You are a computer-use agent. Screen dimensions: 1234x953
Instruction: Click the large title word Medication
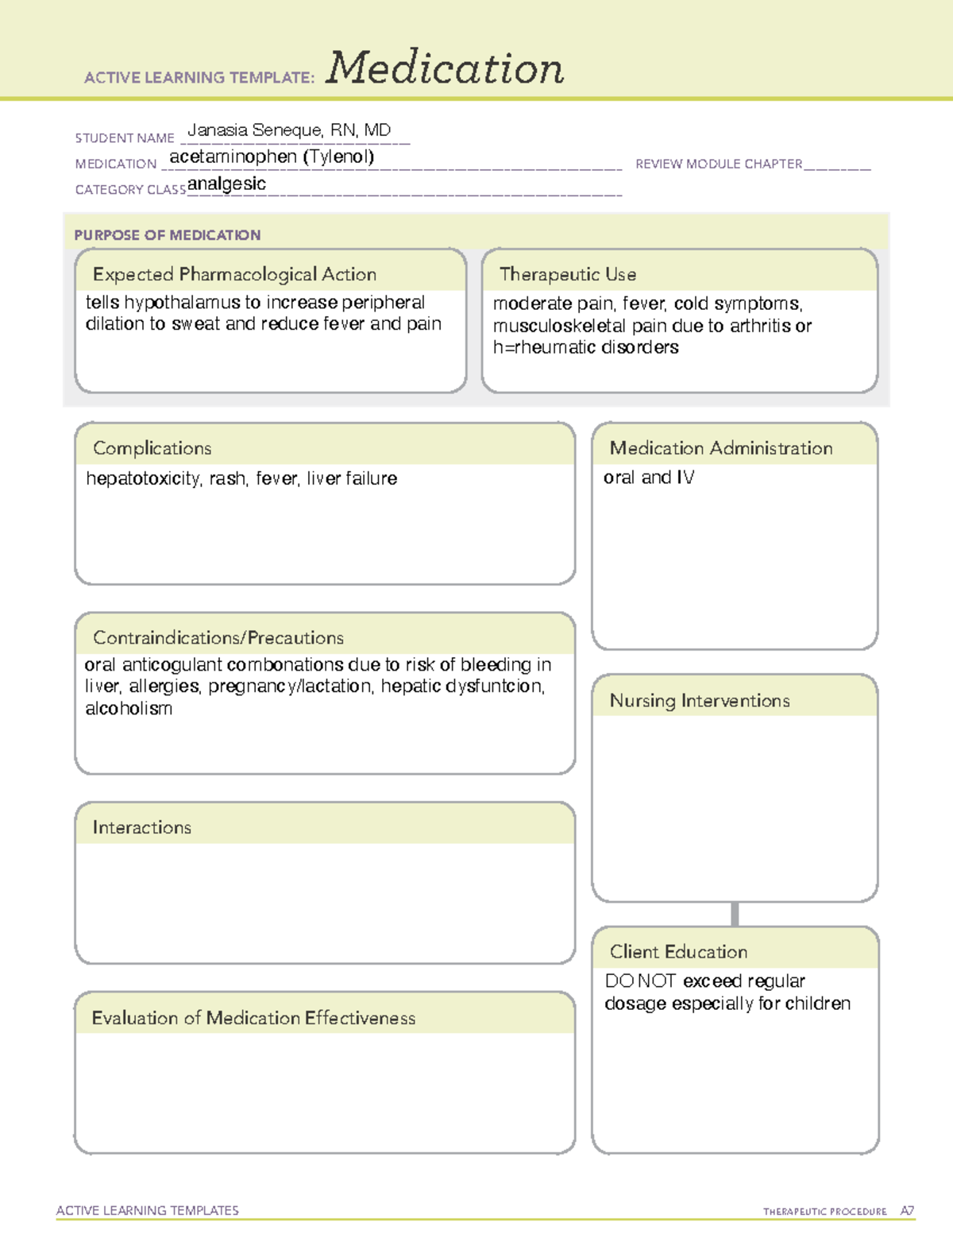445,68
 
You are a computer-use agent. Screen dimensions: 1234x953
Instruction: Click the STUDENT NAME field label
125,138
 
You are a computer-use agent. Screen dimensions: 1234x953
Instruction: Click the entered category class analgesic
226,184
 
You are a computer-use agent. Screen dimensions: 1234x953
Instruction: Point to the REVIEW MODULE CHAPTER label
719,164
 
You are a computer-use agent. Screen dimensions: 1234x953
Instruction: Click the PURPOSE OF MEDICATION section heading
168,235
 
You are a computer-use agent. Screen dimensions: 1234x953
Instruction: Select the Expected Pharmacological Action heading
234,274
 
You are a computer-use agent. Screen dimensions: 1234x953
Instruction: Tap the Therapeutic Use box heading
568,274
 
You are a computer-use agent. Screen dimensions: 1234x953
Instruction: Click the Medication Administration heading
721,448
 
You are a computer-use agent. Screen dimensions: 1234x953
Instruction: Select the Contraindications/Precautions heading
218,637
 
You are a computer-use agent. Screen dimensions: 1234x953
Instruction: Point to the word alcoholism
129,709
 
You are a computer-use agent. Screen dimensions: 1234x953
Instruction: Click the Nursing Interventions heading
700,701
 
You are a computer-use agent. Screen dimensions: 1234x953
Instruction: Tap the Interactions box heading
142,827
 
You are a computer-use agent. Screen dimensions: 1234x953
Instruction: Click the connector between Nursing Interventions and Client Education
735,915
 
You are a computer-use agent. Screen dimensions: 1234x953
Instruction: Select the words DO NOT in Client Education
640,981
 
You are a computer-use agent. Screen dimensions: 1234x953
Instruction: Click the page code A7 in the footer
907,1211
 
